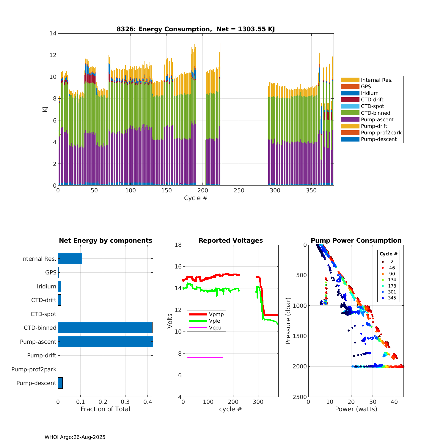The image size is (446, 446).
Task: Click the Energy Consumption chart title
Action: [195, 29]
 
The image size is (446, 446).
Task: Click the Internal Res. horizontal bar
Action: [70, 259]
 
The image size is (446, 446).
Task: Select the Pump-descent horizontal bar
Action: [60, 383]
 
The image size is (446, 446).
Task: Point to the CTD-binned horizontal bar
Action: [105, 328]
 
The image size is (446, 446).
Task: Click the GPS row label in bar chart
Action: [51, 272]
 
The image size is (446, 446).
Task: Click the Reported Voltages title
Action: [231, 241]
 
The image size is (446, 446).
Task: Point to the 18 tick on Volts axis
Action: [178, 245]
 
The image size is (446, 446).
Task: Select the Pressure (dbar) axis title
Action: [288, 321]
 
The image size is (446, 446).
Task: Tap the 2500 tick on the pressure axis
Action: [301, 397]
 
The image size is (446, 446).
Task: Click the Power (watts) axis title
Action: [356, 409]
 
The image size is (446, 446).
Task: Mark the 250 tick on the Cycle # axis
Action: [239, 191]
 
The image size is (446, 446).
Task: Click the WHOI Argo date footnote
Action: [75, 437]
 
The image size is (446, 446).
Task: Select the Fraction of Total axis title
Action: [105, 409]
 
